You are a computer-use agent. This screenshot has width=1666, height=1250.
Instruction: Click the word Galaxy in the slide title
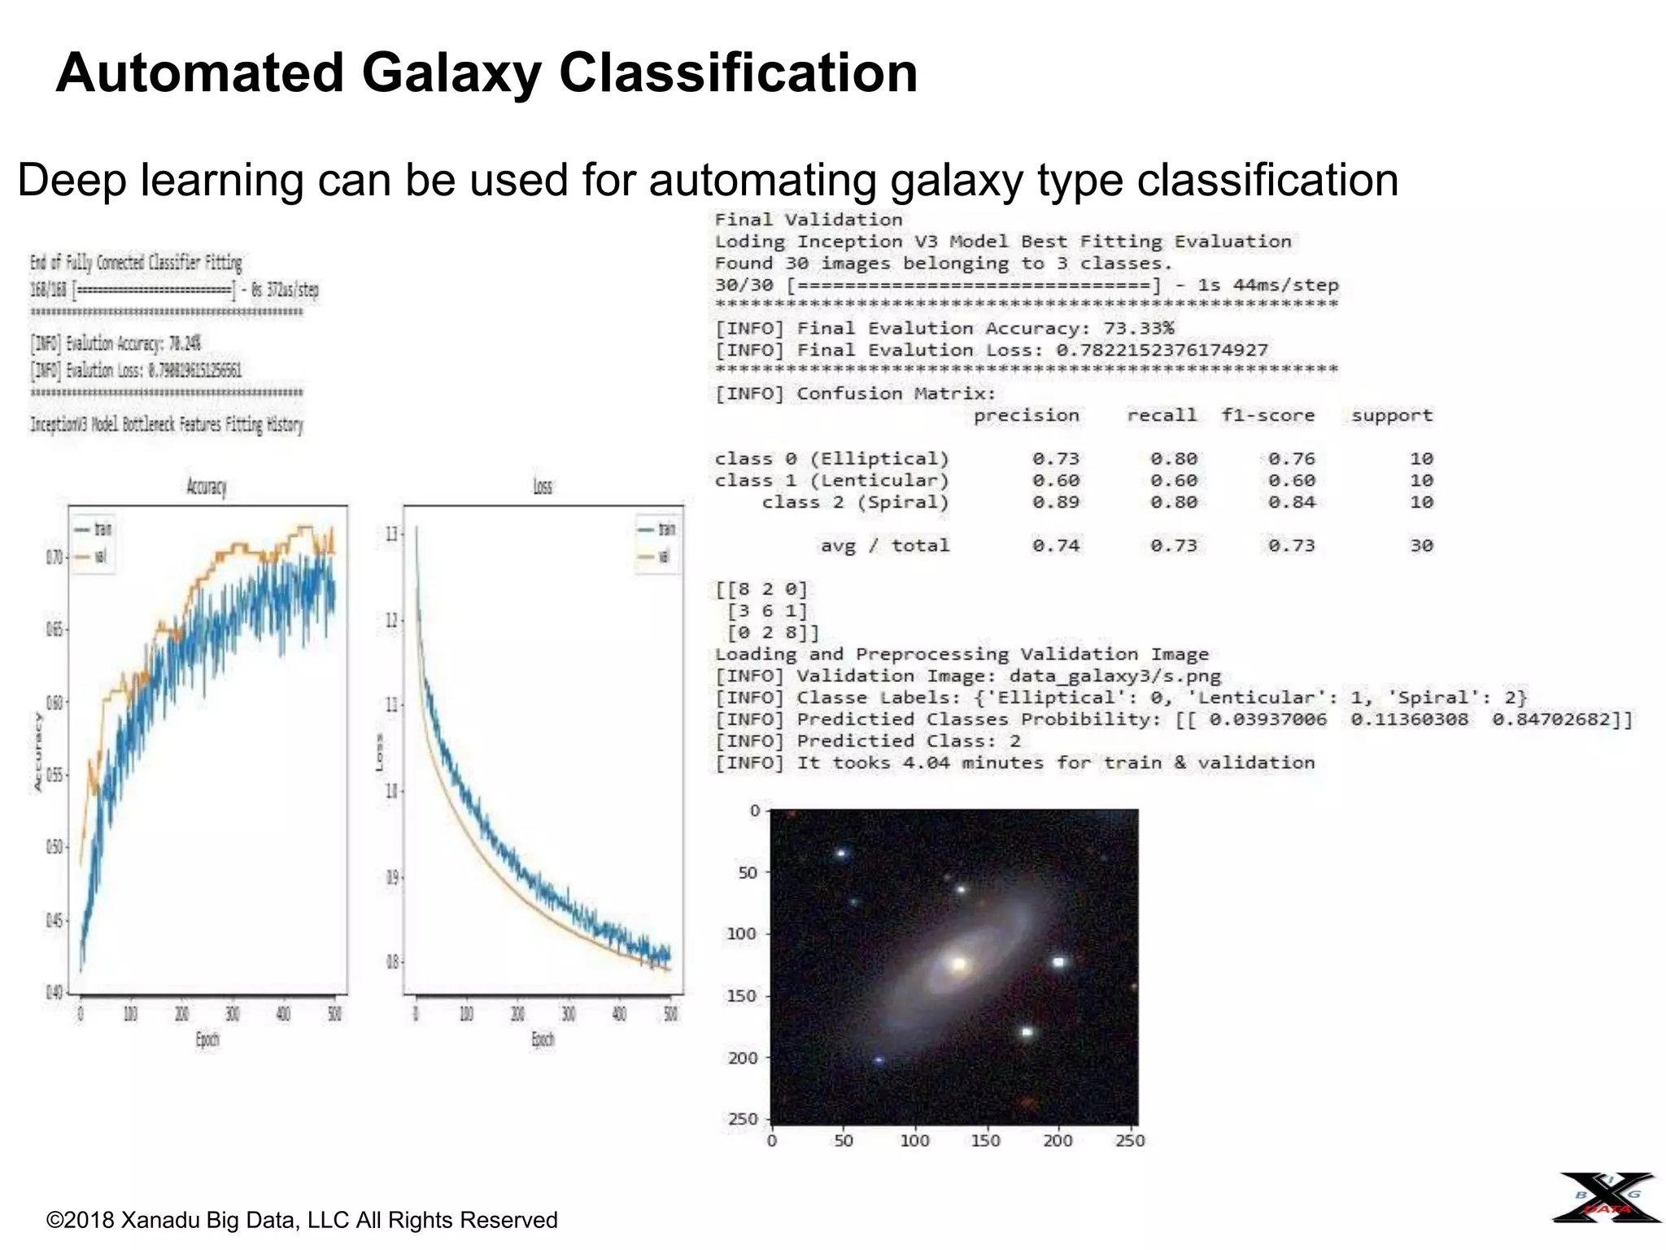click(x=451, y=73)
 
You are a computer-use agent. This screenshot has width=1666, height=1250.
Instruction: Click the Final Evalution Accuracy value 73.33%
click(x=1138, y=329)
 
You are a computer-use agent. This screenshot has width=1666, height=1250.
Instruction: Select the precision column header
click(x=1027, y=416)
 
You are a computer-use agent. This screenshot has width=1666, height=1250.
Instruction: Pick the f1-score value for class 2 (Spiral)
click(x=1291, y=503)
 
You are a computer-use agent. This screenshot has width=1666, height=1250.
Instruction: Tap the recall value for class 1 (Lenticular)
click(x=1173, y=481)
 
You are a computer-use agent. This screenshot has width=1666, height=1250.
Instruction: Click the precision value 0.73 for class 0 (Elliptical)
click(x=1056, y=459)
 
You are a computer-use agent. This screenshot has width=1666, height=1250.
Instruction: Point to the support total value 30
click(x=1421, y=546)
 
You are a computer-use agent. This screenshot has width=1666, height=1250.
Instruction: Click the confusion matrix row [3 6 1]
click(x=767, y=611)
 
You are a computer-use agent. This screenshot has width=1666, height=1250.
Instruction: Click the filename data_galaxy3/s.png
click(x=1114, y=676)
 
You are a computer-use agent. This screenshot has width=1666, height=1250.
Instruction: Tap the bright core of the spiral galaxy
click(x=959, y=964)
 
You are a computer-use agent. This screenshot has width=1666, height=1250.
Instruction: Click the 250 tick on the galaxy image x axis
click(x=1130, y=1141)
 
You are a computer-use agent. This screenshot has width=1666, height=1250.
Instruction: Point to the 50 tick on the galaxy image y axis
click(x=747, y=872)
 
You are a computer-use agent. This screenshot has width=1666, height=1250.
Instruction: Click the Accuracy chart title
click(x=207, y=487)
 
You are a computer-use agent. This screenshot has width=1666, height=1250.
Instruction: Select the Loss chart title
click(x=543, y=487)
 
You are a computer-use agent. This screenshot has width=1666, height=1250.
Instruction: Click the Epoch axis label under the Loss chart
click(x=543, y=1039)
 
